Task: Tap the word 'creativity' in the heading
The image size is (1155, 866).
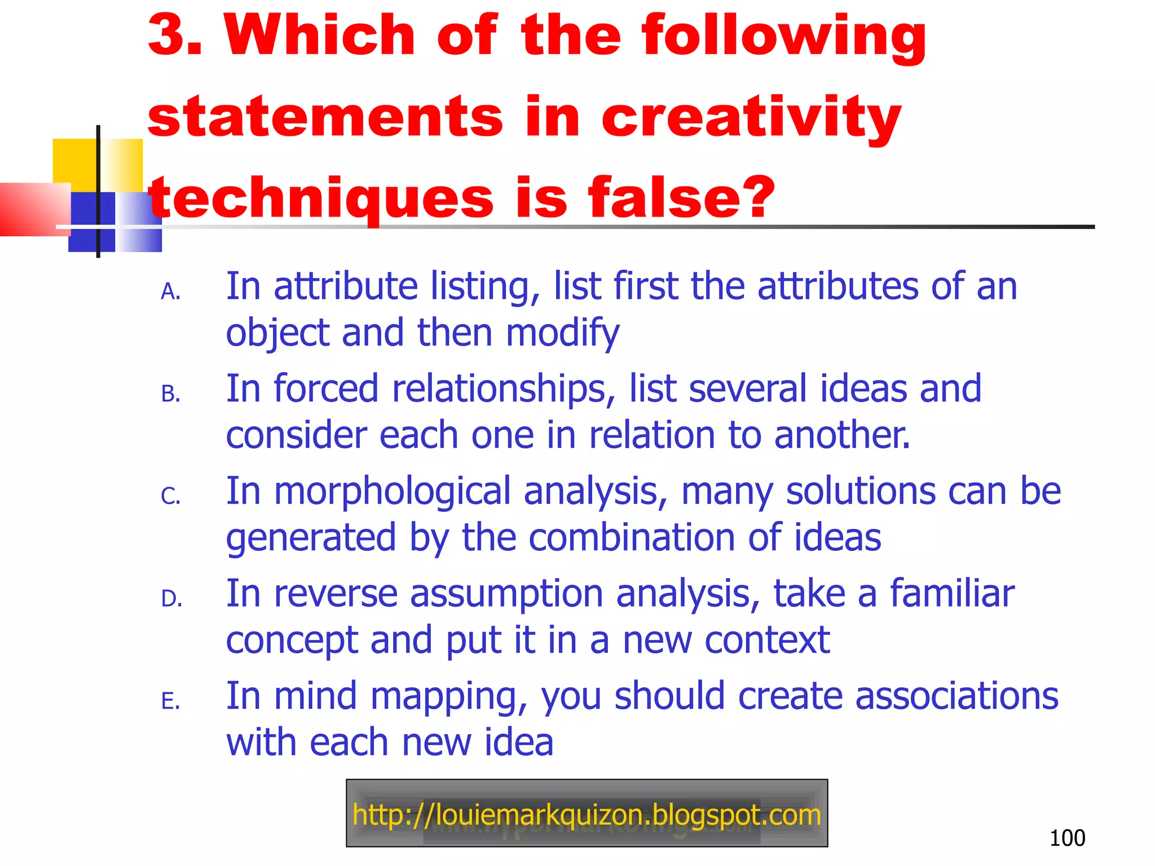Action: click(751, 117)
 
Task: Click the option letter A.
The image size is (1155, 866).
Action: click(170, 292)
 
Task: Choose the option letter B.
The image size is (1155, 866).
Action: click(170, 394)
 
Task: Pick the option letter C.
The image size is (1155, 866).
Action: click(170, 497)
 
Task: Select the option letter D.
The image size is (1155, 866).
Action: click(171, 599)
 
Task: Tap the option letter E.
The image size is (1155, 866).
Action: click(170, 701)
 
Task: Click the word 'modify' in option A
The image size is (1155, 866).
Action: click(562, 333)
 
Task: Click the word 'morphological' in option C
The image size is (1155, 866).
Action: click(392, 492)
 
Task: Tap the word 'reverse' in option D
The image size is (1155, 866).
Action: click(336, 594)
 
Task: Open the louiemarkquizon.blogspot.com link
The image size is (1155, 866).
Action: click(587, 815)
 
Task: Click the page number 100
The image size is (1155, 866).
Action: click(1067, 838)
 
